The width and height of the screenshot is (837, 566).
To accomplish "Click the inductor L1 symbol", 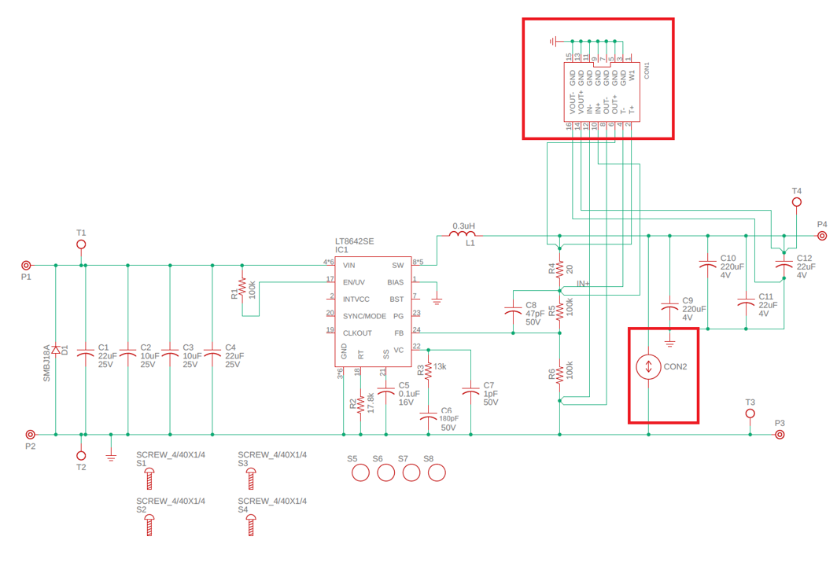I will (x=463, y=234).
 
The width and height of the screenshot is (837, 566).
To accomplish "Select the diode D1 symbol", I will (x=55, y=349).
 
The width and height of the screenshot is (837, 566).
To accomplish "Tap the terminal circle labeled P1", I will (x=26, y=266).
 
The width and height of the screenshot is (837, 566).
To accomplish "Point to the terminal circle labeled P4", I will (x=821, y=235).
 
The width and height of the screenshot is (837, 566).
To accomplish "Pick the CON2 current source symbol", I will (x=648, y=366).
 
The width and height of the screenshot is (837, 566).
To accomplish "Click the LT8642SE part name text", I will (x=355, y=241).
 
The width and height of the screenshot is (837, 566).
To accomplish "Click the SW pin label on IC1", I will (x=397, y=266).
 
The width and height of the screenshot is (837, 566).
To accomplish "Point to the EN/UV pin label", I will (x=353, y=281).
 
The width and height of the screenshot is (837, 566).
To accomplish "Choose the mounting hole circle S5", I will (x=360, y=472).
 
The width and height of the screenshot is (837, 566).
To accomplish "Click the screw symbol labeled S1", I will (x=150, y=477).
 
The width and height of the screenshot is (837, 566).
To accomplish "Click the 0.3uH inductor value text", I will (x=463, y=226).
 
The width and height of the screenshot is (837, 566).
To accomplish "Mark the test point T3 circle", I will (x=750, y=413).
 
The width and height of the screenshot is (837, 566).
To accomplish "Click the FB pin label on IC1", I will (x=399, y=333).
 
